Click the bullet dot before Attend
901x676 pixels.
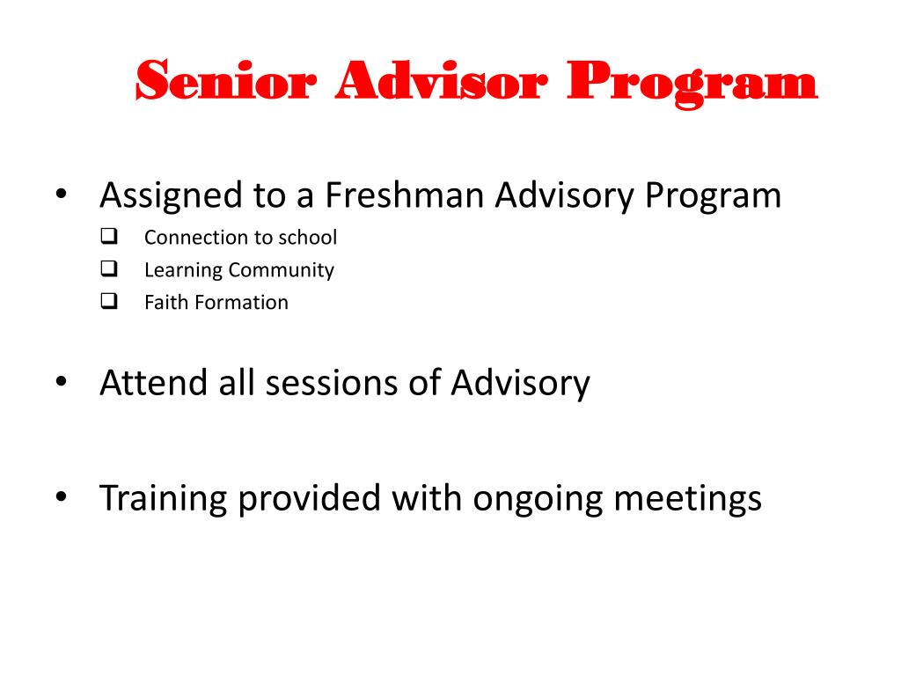tap(61, 382)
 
